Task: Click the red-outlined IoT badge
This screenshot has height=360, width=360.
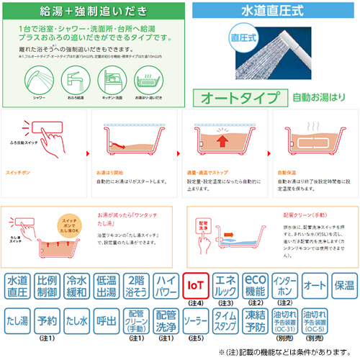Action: [x=197, y=286]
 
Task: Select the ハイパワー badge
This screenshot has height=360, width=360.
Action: [x=167, y=286]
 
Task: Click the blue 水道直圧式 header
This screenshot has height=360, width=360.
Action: [x=276, y=12]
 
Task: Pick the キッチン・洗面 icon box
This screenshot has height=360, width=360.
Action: [x=115, y=80]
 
